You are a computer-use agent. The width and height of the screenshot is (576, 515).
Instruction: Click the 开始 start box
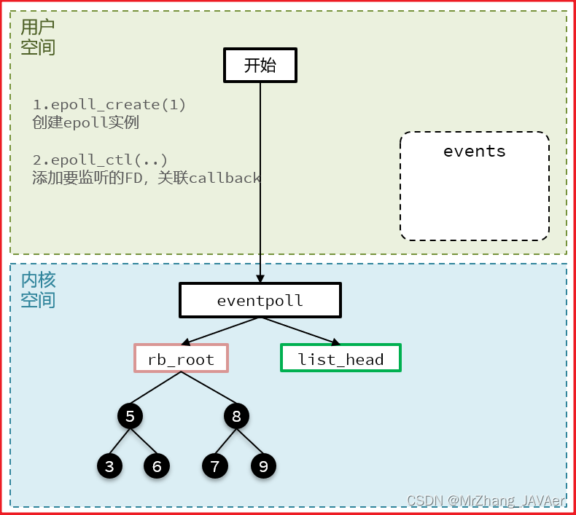(x=260, y=65)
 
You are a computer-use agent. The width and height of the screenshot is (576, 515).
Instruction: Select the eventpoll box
(x=260, y=300)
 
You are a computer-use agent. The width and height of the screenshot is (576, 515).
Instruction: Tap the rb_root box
(x=181, y=358)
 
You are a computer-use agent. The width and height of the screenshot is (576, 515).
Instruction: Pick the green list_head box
(x=340, y=358)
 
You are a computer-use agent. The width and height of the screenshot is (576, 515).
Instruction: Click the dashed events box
(x=474, y=186)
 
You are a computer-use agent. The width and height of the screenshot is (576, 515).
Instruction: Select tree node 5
(x=130, y=417)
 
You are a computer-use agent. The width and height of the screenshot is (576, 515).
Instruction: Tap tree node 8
(x=236, y=417)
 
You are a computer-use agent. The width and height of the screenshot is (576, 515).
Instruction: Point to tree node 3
(x=109, y=466)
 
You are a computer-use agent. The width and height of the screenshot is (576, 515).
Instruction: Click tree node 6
(x=157, y=466)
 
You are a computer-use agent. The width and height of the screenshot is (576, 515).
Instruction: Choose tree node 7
(x=214, y=466)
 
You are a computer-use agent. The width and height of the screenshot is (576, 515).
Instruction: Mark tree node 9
(x=263, y=466)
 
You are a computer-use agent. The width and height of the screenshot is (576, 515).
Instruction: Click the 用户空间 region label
(x=37, y=37)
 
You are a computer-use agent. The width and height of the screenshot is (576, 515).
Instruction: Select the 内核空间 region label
(x=37, y=289)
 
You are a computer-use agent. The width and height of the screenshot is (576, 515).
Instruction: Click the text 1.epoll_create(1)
(x=109, y=105)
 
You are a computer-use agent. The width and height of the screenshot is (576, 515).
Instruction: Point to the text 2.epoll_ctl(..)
(x=100, y=160)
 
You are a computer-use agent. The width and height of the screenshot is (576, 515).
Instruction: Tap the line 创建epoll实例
(x=85, y=122)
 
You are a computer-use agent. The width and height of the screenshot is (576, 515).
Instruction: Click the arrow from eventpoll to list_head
(x=298, y=331)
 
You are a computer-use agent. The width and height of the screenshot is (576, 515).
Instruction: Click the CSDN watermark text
(x=485, y=500)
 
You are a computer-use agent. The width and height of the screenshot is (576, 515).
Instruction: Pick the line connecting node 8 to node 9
(x=250, y=441)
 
